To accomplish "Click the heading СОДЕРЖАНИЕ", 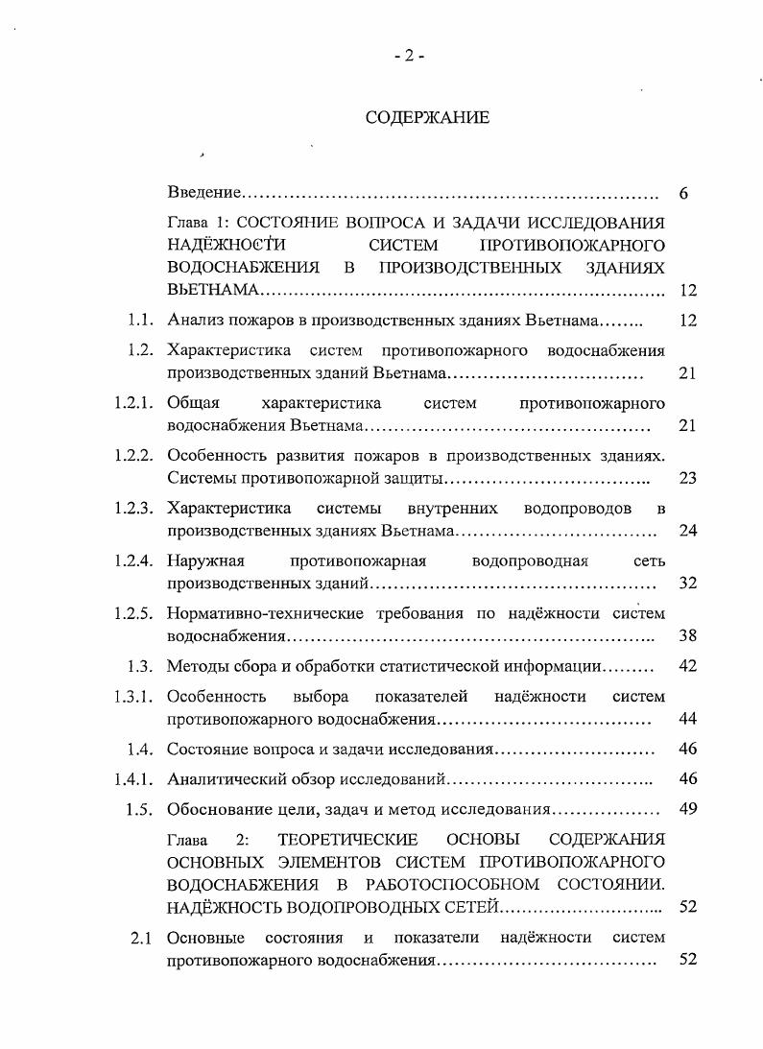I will tap(427, 118).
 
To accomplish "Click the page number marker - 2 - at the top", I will tap(409, 56).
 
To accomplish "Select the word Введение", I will tap(203, 193).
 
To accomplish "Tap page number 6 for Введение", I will tap(683, 194).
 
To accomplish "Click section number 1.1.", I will tap(141, 320).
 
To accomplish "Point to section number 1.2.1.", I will tap(133, 402).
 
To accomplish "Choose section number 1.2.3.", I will tap(133, 506).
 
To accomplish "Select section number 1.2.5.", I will tap(133, 611).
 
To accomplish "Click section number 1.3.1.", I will tap(133, 695).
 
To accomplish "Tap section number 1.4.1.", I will tap(133, 778).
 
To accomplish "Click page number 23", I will tap(687, 478).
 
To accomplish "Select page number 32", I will tap(687, 583).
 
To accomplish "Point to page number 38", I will tap(687, 635).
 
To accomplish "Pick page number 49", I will tap(687, 808).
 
